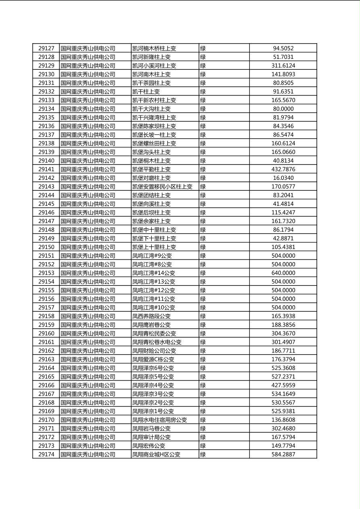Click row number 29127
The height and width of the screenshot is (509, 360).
46,48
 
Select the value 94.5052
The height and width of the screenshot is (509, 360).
283,48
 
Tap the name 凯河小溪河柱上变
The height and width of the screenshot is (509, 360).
154,66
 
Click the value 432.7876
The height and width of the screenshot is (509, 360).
283,169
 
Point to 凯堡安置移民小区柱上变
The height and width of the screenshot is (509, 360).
162,187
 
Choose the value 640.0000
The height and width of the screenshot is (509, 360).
283,273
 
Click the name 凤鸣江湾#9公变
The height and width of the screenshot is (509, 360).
152,256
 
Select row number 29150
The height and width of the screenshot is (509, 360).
46,247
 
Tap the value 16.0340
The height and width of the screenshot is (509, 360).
283,178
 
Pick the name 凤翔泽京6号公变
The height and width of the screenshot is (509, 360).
153,368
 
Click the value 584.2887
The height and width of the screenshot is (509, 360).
283,455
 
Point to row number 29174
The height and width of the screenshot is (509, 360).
46,455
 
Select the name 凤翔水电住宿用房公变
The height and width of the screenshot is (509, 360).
159,420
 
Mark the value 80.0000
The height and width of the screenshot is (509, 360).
283,109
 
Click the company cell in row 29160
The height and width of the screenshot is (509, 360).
88,334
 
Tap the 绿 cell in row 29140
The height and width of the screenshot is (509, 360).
203,161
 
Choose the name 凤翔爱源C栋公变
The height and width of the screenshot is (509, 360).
153,359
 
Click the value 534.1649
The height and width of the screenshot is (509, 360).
283,394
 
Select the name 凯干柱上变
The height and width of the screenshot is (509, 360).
146,92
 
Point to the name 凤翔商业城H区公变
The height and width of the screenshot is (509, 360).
156,455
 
